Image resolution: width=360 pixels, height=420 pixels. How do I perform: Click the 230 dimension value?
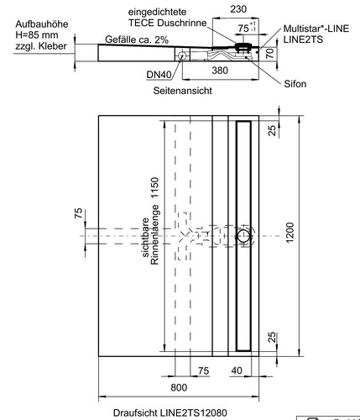[238, 9]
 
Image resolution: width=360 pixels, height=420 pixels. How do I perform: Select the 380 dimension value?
[220, 71]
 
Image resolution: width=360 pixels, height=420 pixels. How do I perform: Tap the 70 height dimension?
[269, 53]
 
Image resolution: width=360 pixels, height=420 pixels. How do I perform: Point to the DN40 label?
[159, 75]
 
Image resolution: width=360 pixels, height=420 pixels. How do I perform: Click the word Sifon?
[295, 84]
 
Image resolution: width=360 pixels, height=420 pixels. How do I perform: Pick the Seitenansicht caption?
[182, 91]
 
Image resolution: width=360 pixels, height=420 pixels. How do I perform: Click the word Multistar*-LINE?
[316, 29]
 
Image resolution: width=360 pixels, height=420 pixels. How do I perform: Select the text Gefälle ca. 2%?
[137, 39]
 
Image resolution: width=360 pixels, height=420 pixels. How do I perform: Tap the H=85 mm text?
[37, 35]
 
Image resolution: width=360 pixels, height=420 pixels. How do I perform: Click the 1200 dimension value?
[290, 233]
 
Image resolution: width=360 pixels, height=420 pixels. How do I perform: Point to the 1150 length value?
[154, 187]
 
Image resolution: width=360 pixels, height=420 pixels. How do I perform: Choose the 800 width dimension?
[179, 387]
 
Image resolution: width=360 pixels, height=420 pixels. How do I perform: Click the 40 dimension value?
[237, 370]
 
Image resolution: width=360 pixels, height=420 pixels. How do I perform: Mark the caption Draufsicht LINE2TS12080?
[170, 412]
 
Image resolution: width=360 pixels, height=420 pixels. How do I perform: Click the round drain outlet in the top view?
[243, 236]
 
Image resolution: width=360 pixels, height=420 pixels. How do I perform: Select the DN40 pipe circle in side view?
[182, 55]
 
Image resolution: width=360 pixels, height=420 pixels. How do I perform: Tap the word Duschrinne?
[182, 23]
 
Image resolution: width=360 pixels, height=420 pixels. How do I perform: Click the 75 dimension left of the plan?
[79, 213]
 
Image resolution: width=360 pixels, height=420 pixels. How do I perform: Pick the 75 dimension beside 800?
[203, 370]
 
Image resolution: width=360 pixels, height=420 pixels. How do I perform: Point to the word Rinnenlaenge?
[154, 234]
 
